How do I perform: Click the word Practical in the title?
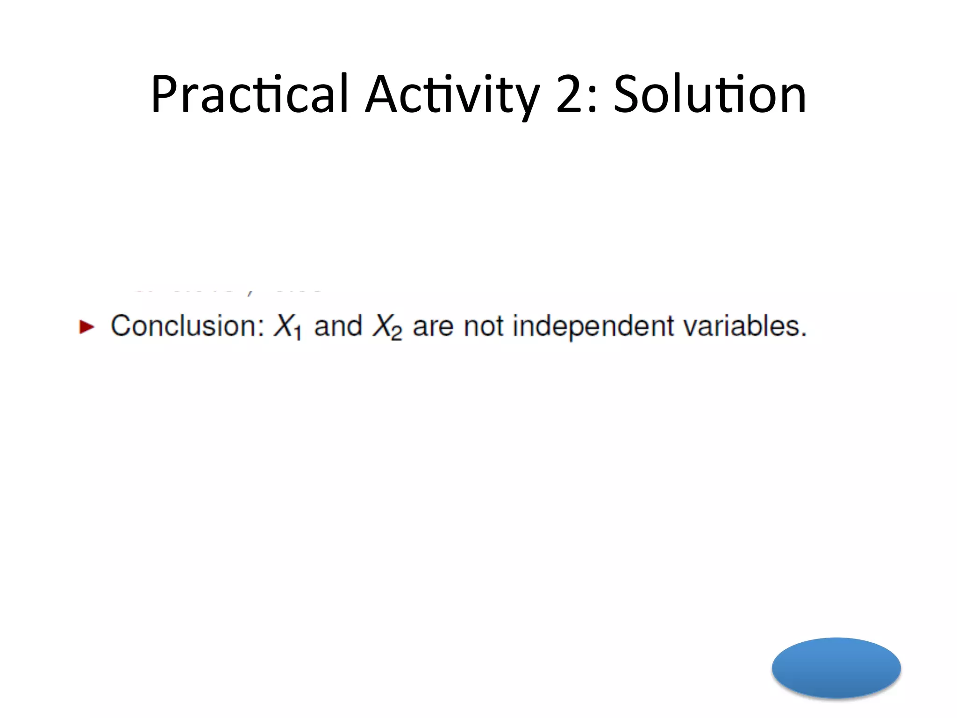tap(250, 94)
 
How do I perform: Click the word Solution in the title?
tap(710, 94)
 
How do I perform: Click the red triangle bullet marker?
tap(87, 327)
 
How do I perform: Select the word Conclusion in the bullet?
tap(187, 326)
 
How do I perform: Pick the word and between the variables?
tap(338, 326)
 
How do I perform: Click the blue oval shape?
tap(836, 668)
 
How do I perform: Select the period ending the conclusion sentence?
tap(803, 335)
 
